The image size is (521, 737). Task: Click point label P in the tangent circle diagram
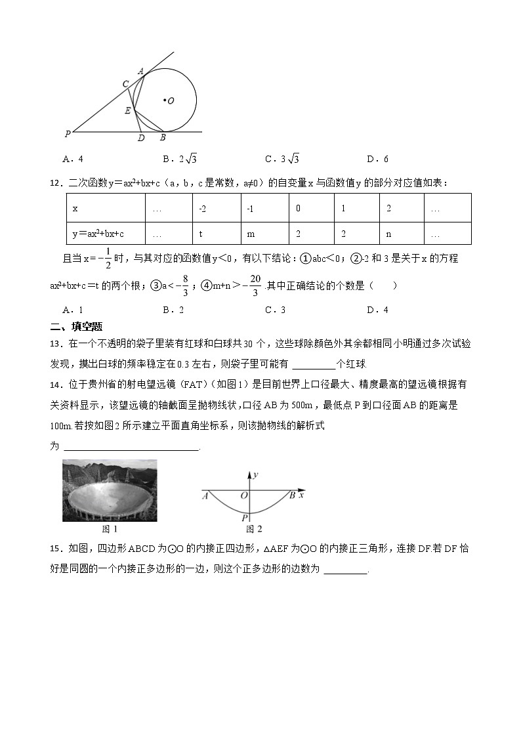click(68, 134)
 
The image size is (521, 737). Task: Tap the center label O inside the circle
click(169, 101)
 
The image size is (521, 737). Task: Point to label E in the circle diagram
click(127, 111)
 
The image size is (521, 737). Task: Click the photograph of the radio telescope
click(110, 490)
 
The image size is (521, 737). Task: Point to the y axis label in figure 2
click(255, 474)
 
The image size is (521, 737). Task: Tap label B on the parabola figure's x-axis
click(292, 495)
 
